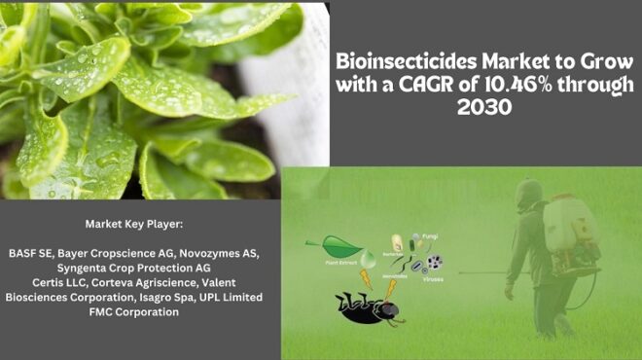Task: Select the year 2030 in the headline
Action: pos(483,106)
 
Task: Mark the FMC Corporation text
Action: pos(132,312)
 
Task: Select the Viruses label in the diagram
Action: pos(433,278)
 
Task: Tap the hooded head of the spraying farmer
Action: pos(528,192)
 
